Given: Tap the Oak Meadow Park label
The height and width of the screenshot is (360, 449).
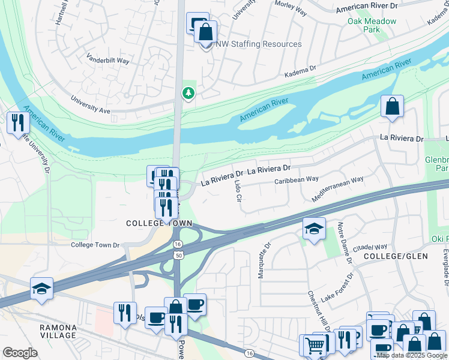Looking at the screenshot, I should pyautogui.click(x=372, y=25).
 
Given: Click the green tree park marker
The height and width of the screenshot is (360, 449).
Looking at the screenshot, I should pyautogui.click(x=188, y=93).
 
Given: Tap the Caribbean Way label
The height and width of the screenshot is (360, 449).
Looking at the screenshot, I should pyautogui.click(x=297, y=180).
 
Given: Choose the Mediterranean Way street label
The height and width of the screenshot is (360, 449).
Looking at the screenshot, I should pyautogui.click(x=338, y=189).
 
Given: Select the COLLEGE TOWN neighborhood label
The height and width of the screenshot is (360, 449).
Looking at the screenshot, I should pyautogui.click(x=159, y=223).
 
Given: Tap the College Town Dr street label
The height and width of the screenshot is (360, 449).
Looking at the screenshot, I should pyautogui.click(x=95, y=245).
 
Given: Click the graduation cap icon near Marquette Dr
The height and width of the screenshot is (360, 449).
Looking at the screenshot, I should pyautogui.click(x=314, y=229).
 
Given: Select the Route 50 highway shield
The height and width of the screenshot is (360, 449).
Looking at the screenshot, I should pyautogui.click(x=178, y=256).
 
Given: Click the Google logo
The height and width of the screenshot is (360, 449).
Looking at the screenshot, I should pyautogui.click(x=20, y=352).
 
